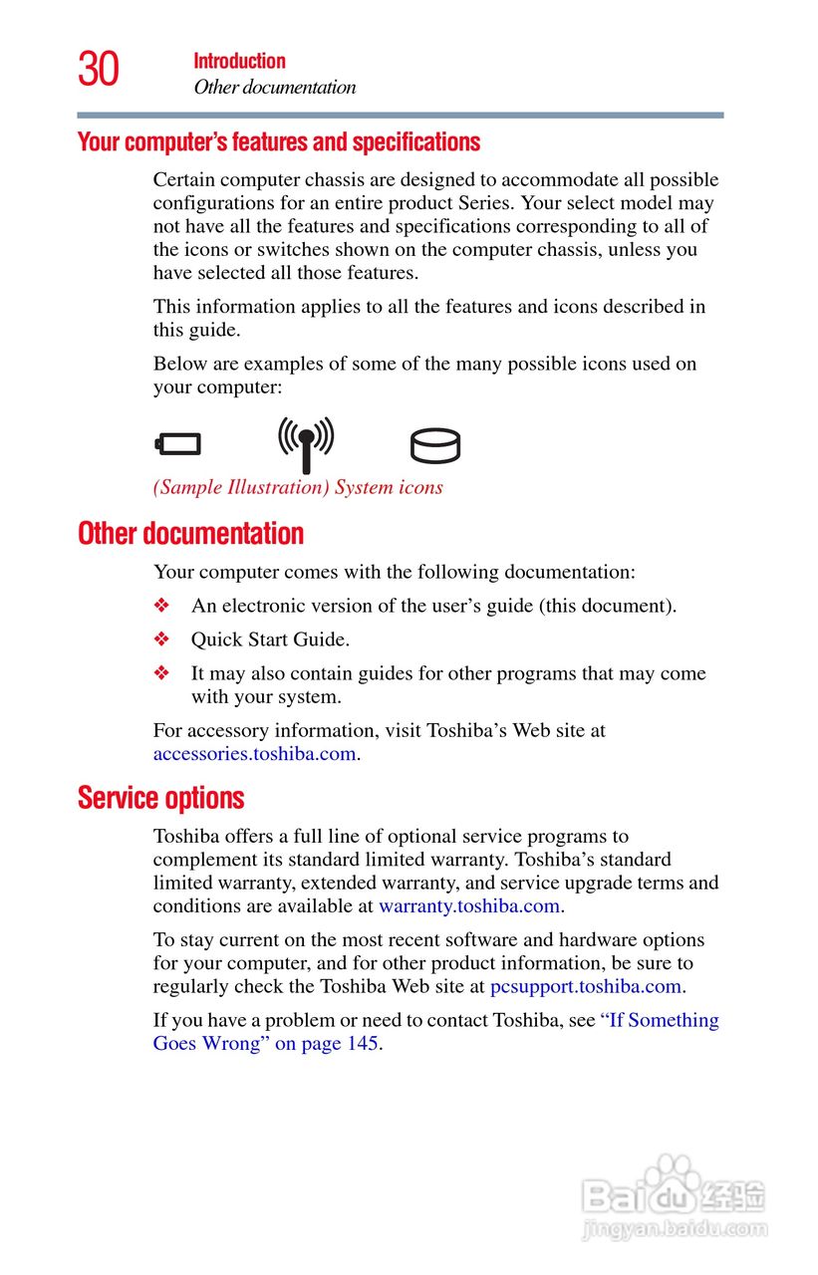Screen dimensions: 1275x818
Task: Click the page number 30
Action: click(x=99, y=70)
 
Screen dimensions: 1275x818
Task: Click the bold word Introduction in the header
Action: click(x=239, y=61)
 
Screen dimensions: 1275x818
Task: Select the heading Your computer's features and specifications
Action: click(x=279, y=142)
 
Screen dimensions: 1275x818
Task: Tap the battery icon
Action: click(x=178, y=444)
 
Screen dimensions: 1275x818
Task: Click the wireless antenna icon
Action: click(x=306, y=442)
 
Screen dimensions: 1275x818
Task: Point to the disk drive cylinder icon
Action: click(x=435, y=445)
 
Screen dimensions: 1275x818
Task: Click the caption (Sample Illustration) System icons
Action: click(x=298, y=488)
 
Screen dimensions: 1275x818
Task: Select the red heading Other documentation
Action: click(x=190, y=534)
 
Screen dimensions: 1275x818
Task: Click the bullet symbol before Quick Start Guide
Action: click(x=162, y=639)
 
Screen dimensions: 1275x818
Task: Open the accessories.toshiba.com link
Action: click(x=254, y=754)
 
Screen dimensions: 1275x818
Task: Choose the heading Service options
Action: click(x=160, y=799)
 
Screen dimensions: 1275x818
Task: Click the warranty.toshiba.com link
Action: click(x=469, y=906)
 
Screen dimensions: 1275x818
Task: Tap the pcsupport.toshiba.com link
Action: click(x=586, y=987)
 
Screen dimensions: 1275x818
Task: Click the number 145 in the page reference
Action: click(x=362, y=1044)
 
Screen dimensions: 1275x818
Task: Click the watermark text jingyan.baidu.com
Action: click(x=675, y=1231)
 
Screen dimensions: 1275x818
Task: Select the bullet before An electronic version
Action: click(x=162, y=606)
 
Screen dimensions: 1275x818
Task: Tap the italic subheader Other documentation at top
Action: click(x=274, y=88)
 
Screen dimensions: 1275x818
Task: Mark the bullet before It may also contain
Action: click(x=162, y=673)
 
